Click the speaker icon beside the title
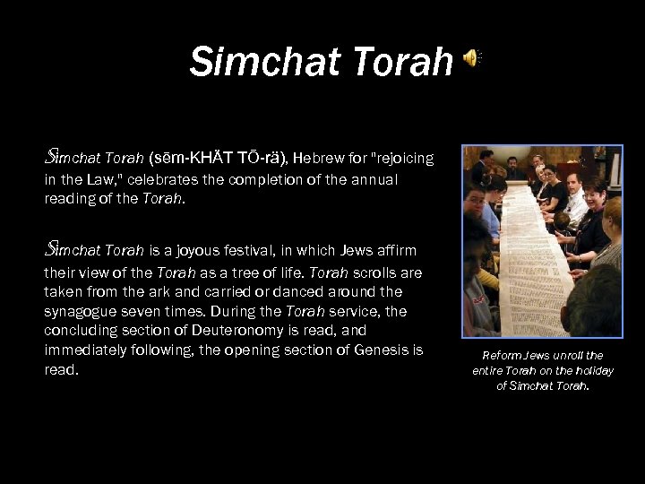(471, 59)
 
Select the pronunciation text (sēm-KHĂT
(184, 159)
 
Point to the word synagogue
(82, 311)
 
